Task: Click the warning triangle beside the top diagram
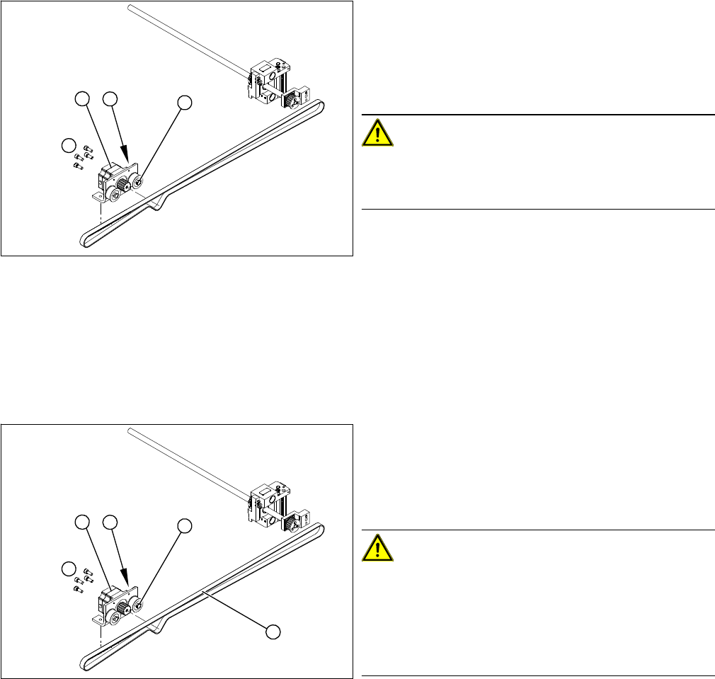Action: click(x=378, y=132)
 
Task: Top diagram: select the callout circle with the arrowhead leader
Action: click(x=110, y=99)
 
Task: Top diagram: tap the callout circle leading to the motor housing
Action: click(x=83, y=99)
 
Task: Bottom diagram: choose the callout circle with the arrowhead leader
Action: click(x=110, y=523)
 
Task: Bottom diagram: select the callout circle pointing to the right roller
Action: click(x=184, y=525)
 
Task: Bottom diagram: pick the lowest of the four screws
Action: click(x=76, y=590)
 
